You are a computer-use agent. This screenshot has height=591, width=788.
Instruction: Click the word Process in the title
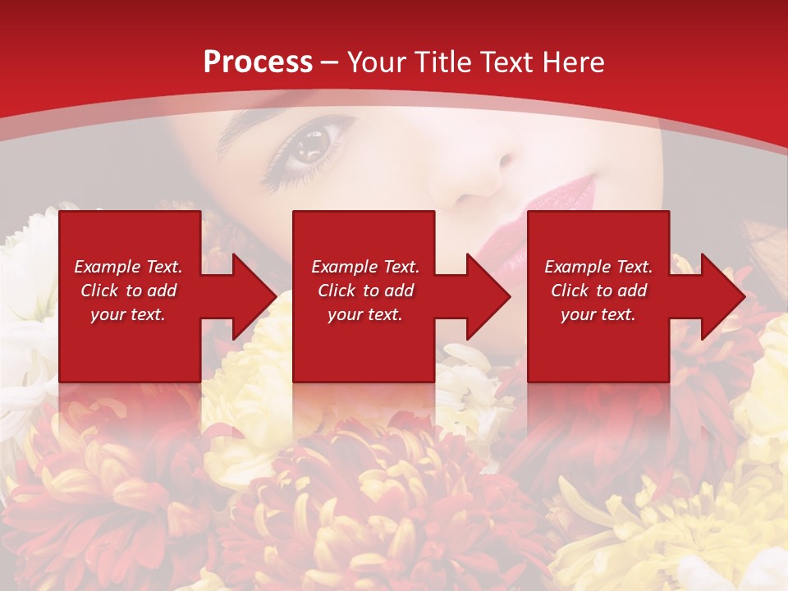[x=258, y=62]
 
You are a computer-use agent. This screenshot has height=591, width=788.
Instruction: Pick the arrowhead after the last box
[x=722, y=296]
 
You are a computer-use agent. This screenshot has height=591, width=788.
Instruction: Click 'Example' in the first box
[x=101, y=267]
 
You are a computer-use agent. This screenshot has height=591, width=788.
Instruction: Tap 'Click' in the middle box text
[x=337, y=291]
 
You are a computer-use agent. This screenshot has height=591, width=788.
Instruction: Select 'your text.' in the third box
[x=598, y=315]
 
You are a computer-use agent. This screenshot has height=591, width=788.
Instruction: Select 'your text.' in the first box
[x=127, y=315]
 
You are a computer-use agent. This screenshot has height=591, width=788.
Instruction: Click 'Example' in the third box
[x=571, y=267]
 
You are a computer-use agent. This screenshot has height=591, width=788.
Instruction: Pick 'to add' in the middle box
[x=390, y=291]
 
